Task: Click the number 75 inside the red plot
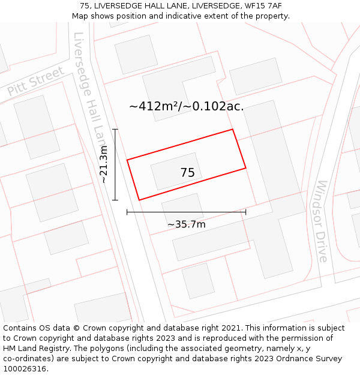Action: [x=187, y=173]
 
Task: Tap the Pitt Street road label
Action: [x=35, y=82]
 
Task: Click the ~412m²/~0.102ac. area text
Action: [x=186, y=106]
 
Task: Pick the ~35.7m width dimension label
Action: [x=186, y=224]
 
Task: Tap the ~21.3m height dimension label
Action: [x=104, y=164]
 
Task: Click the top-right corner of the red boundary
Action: [x=232, y=130]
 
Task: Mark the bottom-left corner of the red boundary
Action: [x=139, y=200]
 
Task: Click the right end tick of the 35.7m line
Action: [x=245, y=211]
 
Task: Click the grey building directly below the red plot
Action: [x=182, y=207]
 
